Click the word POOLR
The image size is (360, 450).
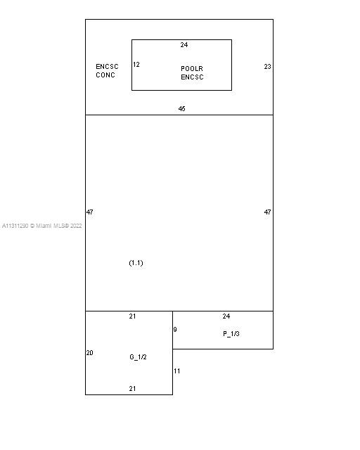(x=192, y=69)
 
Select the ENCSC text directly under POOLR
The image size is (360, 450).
(x=192, y=77)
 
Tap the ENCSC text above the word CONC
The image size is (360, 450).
(x=107, y=67)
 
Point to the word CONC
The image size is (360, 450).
(x=105, y=75)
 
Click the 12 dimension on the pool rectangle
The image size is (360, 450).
(x=136, y=64)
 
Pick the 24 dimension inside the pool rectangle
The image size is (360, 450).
(x=184, y=45)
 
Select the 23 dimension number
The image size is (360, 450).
(x=267, y=67)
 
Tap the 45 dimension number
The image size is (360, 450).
(x=181, y=108)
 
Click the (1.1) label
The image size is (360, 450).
(x=136, y=263)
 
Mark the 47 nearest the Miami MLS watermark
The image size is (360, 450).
(x=89, y=212)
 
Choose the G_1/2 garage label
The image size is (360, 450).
(x=138, y=357)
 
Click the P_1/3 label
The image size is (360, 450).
(x=231, y=334)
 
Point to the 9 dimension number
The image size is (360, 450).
(x=175, y=330)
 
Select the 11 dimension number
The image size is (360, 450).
(x=177, y=371)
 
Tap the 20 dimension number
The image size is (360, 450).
(x=89, y=353)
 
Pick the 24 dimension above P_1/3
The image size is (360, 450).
(x=226, y=316)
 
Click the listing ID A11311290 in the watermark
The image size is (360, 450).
(x=15, y=226)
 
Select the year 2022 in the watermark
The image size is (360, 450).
(x=76, y=226)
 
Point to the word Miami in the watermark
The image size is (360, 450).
(x=44, y=226)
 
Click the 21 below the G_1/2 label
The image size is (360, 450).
(x=132, y=389)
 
